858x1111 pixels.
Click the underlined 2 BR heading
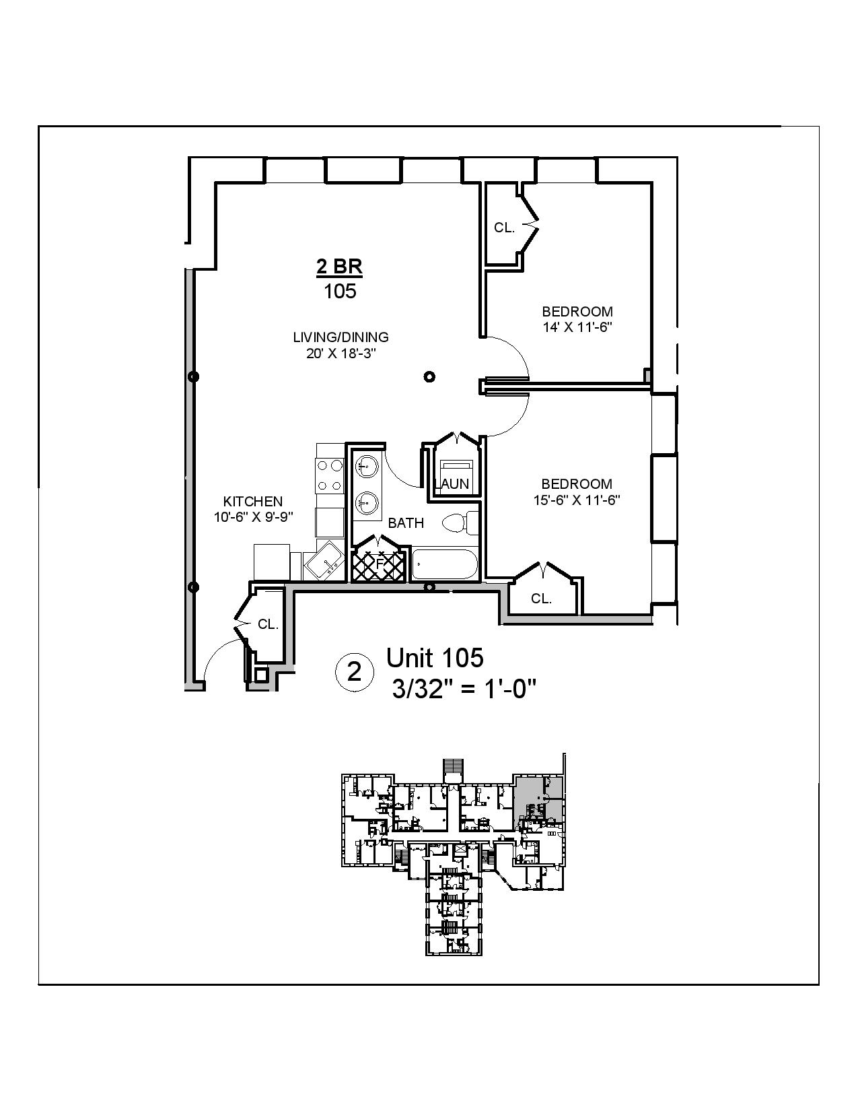coord(339,267)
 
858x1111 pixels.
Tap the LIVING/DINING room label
coord(341,337)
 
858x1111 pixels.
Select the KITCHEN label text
coord(253,502)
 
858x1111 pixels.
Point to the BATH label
coord(406,523)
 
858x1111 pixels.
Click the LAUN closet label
coord(452,483)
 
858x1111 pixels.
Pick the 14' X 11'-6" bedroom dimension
coord(577,328)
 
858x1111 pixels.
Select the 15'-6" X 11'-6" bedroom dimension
coord(577,500)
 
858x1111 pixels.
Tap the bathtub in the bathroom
coord(444,564)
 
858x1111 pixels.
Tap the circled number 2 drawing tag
coord(353,671)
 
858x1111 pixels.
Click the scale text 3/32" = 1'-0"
coord(464,689)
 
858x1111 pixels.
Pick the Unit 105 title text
coord(434,658)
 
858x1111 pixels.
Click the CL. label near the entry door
coord(268,625)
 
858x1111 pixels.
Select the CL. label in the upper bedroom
coord(504,228)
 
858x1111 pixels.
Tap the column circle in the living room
coord(429,376)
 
